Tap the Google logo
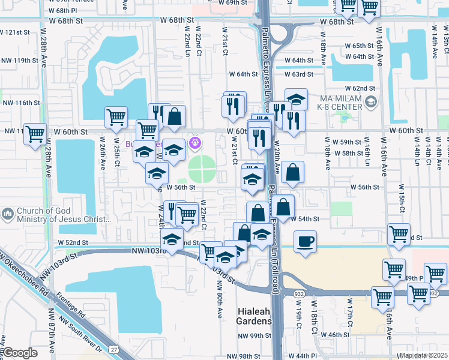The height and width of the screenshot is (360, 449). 20,353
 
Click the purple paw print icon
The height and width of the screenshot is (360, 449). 194,143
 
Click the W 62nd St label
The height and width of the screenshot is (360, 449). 364,88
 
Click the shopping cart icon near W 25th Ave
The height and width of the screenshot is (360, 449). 116,117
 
